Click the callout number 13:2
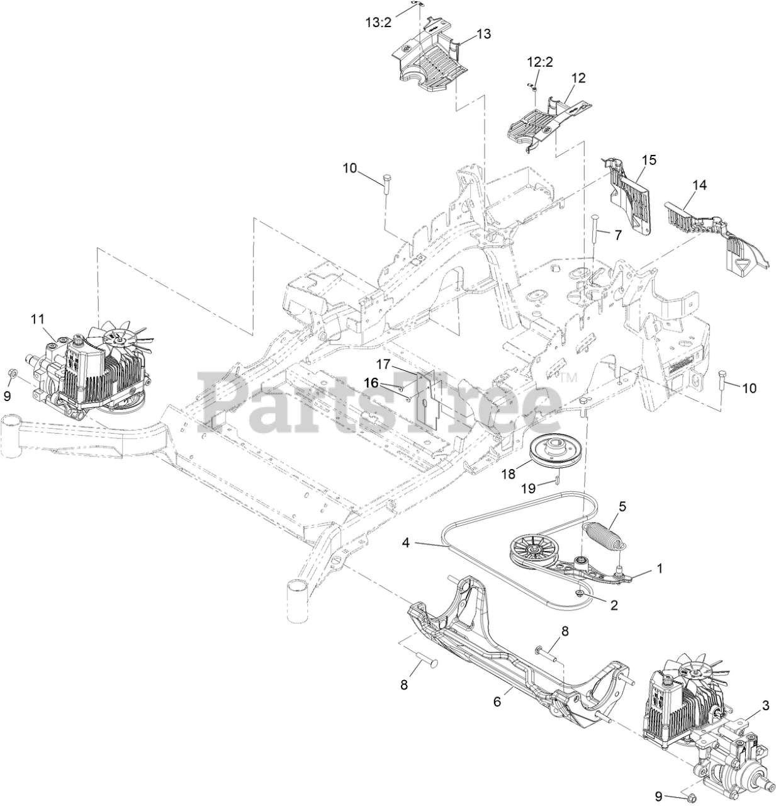pos(379,22)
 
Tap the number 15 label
pos(649,160)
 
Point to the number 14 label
pos(699,185)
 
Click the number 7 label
pos(617,235)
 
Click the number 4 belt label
pos(406,542)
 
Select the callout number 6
pos(497,701)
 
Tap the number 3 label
pos(765,705)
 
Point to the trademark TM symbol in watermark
pos(569,378)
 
